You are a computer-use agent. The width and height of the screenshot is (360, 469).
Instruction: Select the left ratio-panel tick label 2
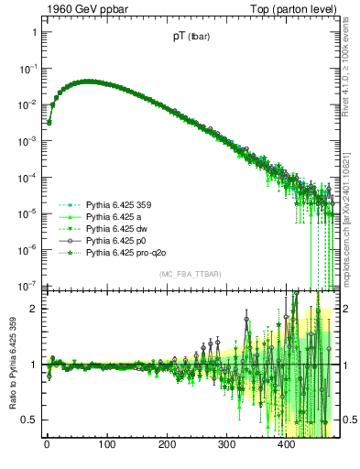click(33, 308)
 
